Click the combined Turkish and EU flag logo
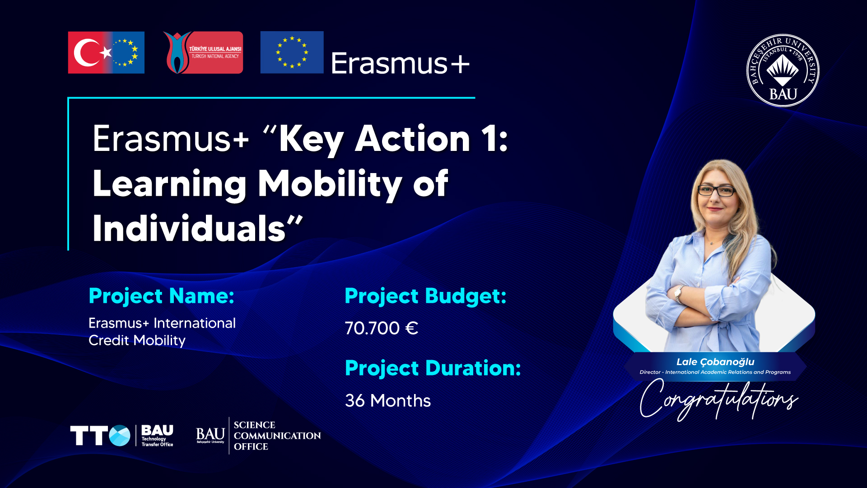coord(106,52)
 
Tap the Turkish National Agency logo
coord(203,52)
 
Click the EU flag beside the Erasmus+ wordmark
coord(292,52)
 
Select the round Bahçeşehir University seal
coord(783,70)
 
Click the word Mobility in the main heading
coord(330,184)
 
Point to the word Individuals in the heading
coord(189,229)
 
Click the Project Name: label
coord(162,296)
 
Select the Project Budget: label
coord(425,296)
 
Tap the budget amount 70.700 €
coord(382,328)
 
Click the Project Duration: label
coord(433,368)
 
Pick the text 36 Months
coord(388,401)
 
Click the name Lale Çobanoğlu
coord(715,362)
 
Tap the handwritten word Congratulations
coord(719,399)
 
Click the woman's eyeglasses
coord(717,191)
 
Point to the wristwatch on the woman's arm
coord(678,294)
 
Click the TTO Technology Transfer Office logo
coord(122,436)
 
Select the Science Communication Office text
coord(277,436)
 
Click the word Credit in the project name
coord(109,340)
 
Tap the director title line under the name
coord(715,372)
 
